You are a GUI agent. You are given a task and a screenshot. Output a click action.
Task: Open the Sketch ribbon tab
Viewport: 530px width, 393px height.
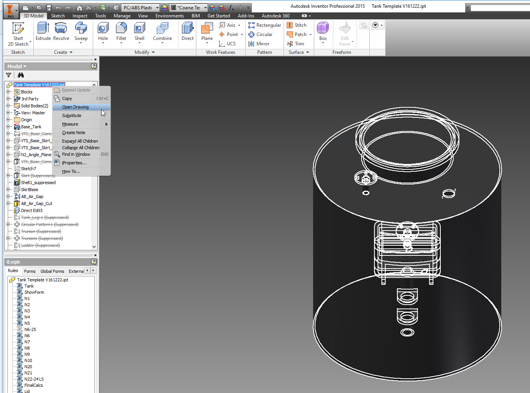coord(58,16)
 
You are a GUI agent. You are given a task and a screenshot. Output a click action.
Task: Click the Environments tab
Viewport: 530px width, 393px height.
coord(170,16)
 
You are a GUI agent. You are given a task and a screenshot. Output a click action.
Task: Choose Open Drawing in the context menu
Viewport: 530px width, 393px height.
coord(75,107)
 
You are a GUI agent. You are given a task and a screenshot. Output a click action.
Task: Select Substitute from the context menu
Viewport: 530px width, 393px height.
coord(72,115)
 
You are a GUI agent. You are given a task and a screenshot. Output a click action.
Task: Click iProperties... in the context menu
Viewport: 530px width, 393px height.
coord(74,163)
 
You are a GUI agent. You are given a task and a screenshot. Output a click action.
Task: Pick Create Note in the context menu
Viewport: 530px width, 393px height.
coord(73,133)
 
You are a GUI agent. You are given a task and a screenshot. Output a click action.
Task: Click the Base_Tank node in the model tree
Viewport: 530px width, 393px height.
coord(31,127)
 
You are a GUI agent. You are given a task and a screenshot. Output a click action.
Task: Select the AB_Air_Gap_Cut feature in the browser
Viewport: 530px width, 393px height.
coord(36,203)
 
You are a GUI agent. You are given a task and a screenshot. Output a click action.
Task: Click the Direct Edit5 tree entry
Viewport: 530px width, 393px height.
coord(32,210)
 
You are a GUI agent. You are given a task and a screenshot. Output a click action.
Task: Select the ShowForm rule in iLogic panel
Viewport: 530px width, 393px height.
coord(34,292)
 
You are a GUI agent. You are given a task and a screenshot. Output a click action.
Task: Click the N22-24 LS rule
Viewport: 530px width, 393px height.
coord(34,379)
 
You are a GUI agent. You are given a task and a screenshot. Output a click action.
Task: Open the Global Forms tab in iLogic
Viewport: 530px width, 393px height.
coord(52,271)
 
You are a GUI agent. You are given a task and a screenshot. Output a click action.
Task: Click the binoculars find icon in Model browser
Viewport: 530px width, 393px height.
coord(21,75)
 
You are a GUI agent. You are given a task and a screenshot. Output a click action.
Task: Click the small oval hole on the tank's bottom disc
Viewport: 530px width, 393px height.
coord(407,332)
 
